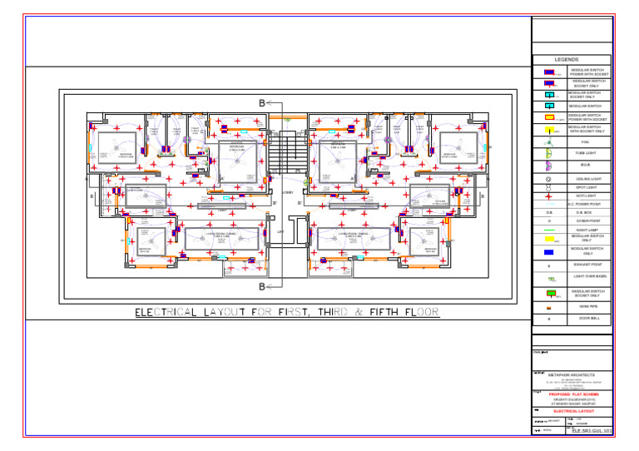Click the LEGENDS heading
click(572, 60)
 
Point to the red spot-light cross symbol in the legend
click(548, 196)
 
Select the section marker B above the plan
click(262, 102)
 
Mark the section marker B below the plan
click(262, 287)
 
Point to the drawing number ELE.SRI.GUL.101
click(592, 431)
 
